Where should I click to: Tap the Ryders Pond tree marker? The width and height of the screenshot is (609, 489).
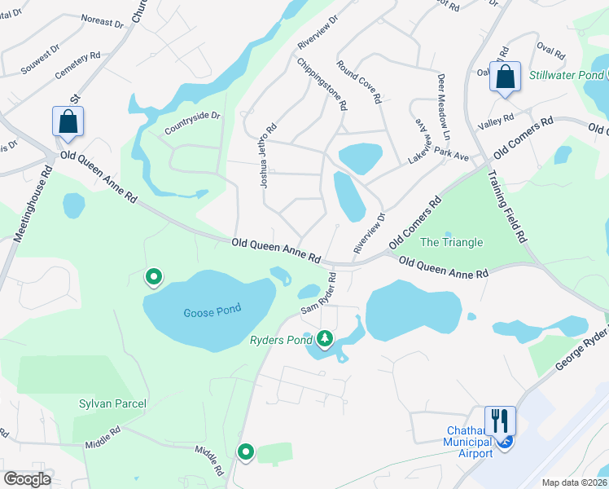(325, 337)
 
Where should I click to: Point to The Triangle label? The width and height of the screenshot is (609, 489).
(451, 242)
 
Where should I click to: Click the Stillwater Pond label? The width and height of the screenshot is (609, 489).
(566, 75)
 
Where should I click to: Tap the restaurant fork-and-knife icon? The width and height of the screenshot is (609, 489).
(499, 420)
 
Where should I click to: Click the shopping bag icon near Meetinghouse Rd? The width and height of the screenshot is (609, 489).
(68, 122)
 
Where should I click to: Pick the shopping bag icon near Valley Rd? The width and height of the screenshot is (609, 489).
(506, 77)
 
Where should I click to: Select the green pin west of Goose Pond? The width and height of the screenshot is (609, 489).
(153, 278)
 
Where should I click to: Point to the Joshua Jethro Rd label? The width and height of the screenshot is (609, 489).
(268, 156)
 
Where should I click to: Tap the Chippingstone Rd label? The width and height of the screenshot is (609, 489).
(322, 83)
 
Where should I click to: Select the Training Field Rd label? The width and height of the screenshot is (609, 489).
(506, 205)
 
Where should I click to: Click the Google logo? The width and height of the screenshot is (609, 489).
(28, 479)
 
